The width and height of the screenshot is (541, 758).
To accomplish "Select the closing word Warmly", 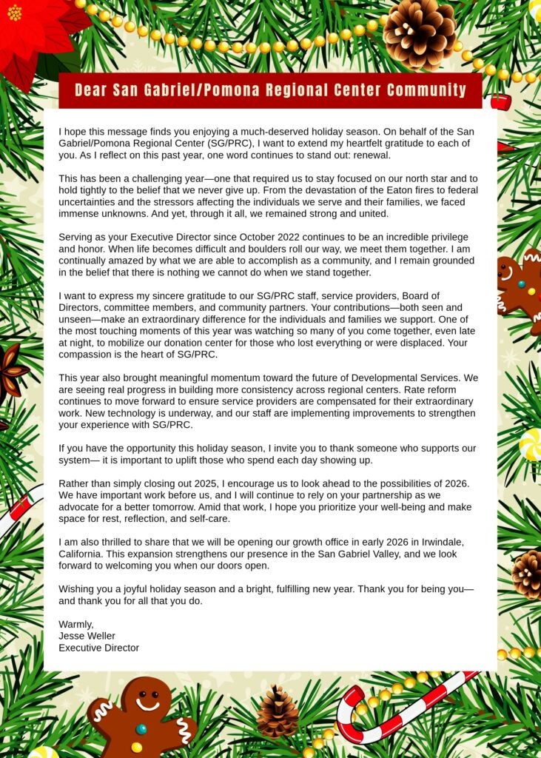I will coord(76,624).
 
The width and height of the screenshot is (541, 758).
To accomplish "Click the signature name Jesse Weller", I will coord(87,636).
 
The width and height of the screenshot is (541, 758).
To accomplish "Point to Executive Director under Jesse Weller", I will coord(98,648).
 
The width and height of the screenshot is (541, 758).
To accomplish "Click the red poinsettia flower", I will coord(33,30).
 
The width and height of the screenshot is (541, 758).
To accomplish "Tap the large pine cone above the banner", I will coord(419,33).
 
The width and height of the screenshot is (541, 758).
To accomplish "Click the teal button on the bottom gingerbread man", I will coord(141,729).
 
